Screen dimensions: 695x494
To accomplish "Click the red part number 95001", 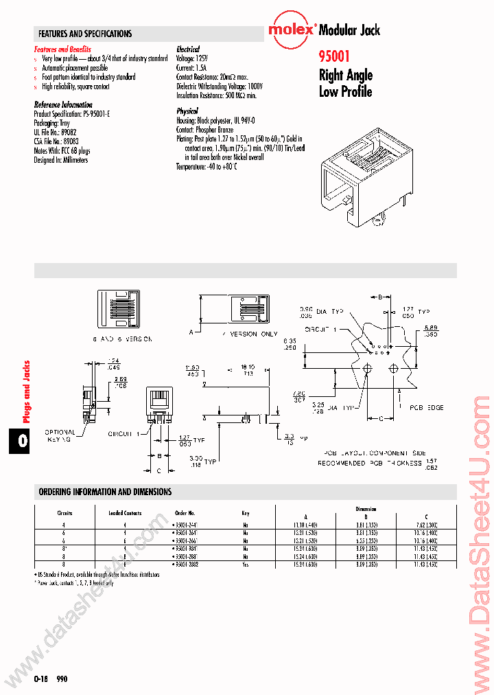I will (x=335, y=58).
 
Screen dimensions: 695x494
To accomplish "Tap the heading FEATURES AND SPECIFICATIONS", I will (x=85, y=34).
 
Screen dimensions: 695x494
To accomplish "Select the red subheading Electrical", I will (x=187, y=49).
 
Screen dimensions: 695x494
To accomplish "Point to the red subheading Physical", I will (x=187, y=111).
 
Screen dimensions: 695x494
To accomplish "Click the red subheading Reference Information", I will (x=63, y=104).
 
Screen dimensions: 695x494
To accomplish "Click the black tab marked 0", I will (x=23, y=441).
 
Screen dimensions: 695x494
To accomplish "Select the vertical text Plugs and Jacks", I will (x=27, y=391).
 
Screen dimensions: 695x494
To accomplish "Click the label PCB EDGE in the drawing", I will (x=427, y=408).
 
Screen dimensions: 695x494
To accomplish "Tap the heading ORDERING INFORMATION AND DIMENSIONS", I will (x=105, y=492).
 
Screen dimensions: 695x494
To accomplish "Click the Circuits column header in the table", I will (x=64, y=512).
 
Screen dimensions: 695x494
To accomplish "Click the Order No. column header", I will (x=185, y=512).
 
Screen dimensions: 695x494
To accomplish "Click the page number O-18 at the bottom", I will (x=40, y=678).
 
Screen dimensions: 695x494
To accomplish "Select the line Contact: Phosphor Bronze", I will (x=204, y=129).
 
